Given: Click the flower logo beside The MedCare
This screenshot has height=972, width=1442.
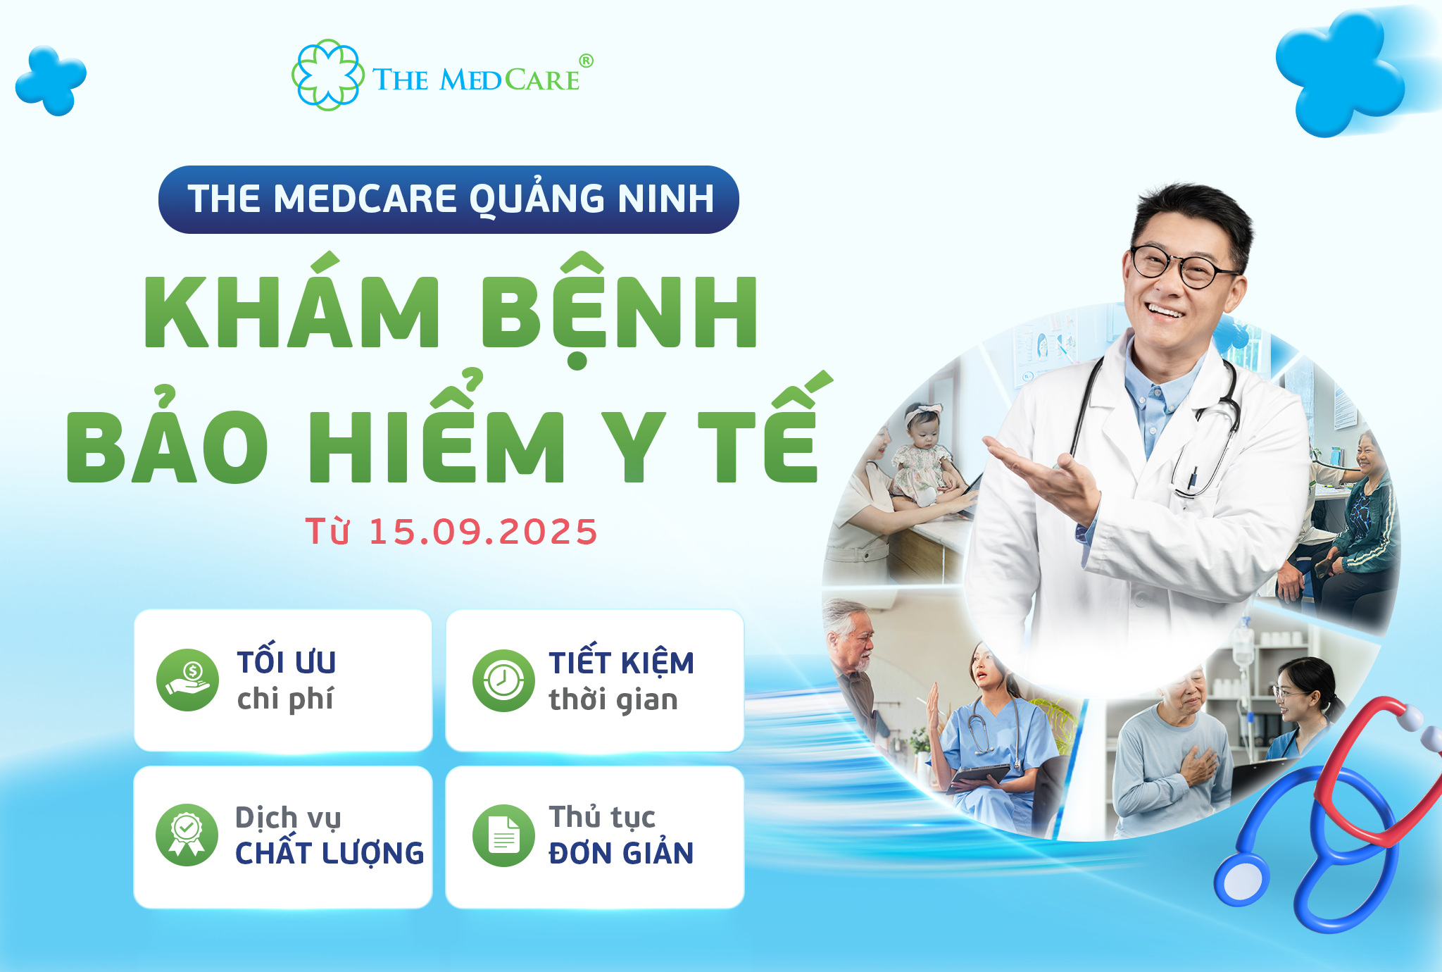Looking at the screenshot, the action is point(328,75).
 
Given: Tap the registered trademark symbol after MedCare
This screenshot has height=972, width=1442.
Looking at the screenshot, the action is point(586,61).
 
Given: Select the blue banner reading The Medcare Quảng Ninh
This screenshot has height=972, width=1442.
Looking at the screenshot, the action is point(449,199).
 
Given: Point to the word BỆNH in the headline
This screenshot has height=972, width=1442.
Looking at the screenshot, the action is point(620,310).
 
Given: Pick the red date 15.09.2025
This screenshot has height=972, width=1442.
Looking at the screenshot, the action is point(483,531).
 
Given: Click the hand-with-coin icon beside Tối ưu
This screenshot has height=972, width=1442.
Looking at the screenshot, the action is point(187,680).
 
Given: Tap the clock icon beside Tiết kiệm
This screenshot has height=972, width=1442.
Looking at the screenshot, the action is point(503,680).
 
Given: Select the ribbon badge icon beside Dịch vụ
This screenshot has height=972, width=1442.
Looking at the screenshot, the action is point(187,835).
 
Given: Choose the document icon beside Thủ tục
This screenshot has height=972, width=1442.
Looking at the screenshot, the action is point(503,835).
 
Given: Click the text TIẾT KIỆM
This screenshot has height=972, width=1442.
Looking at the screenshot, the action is point(621,660).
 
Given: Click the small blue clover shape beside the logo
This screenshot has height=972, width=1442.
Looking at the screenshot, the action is point(51,80).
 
